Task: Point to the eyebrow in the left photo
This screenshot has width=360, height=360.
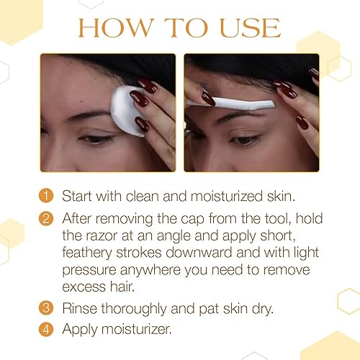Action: point(83,115)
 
